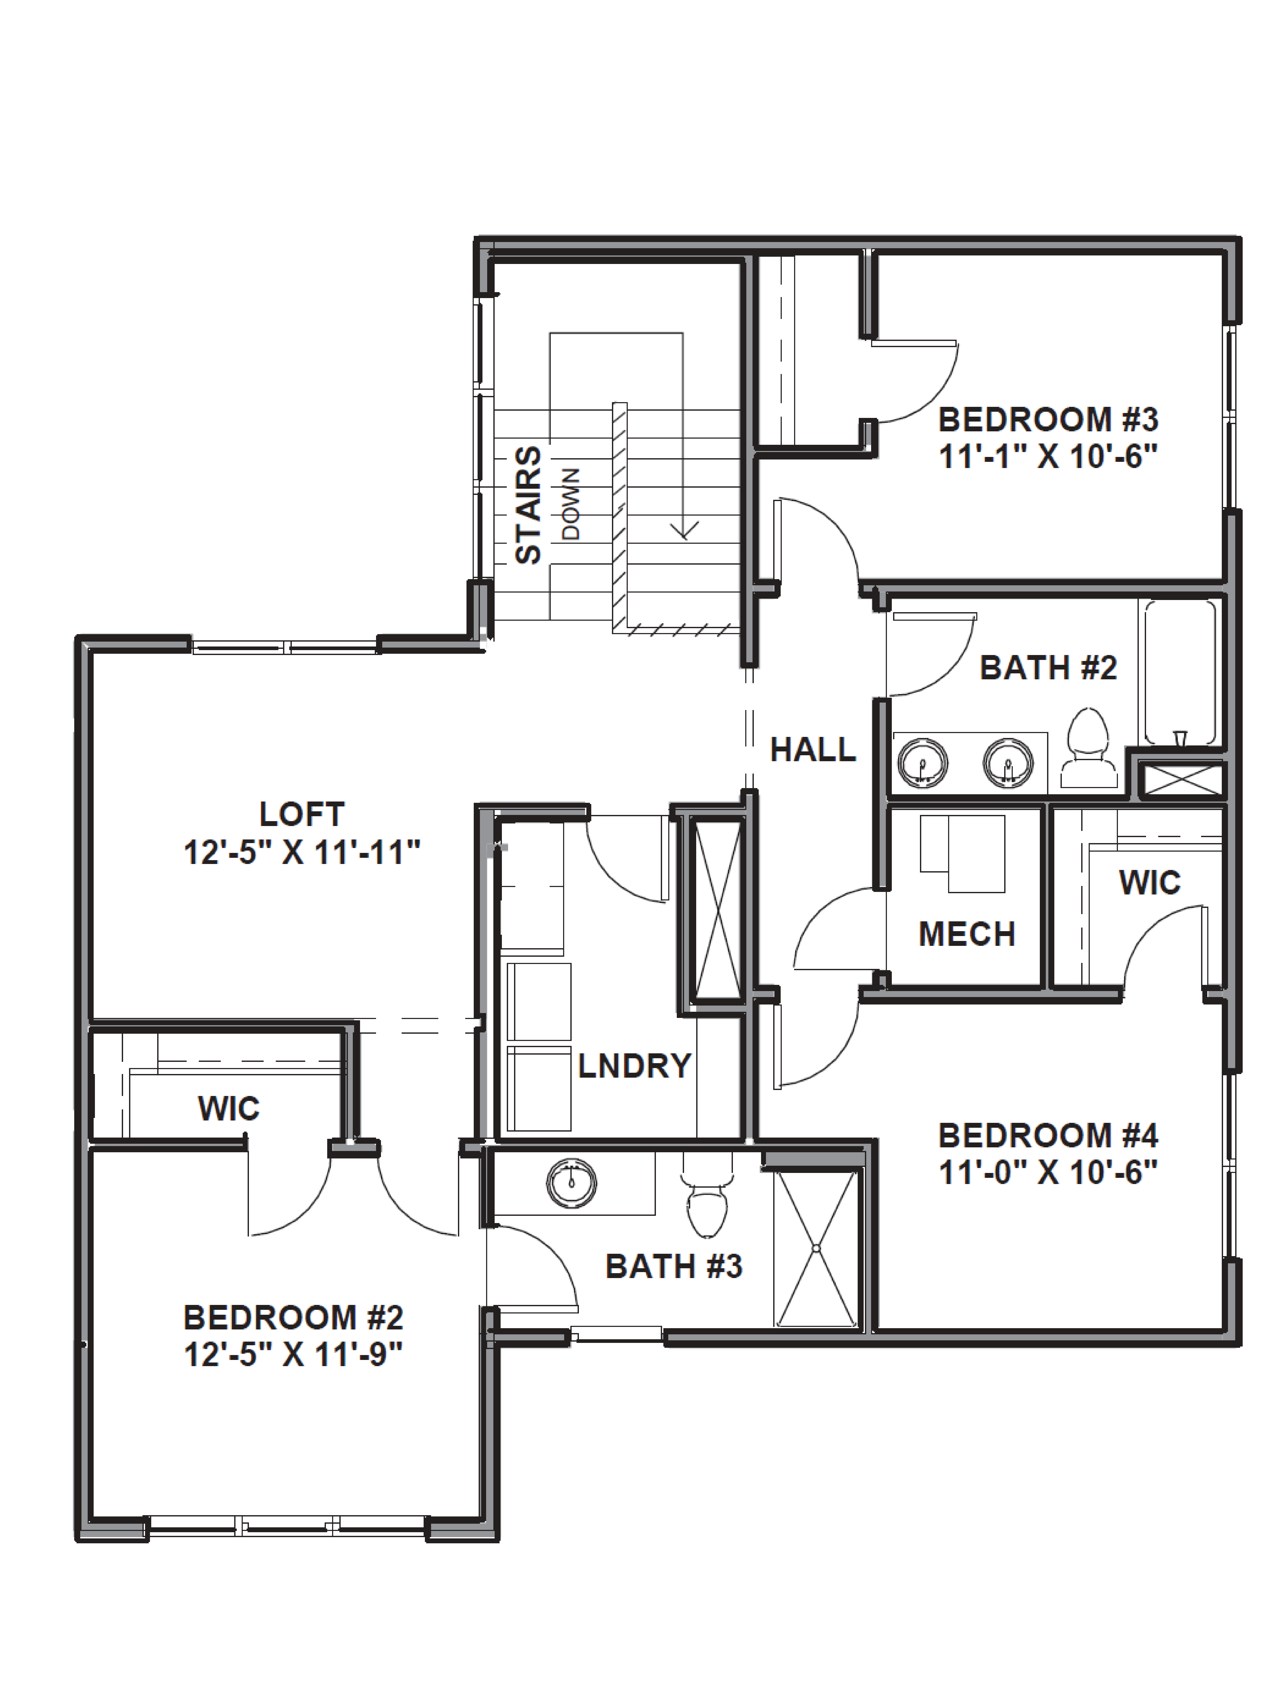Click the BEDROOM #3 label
[1048, 420]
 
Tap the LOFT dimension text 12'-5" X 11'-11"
[302, 853]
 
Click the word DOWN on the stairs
[571, 504]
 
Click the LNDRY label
[634, 1066]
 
